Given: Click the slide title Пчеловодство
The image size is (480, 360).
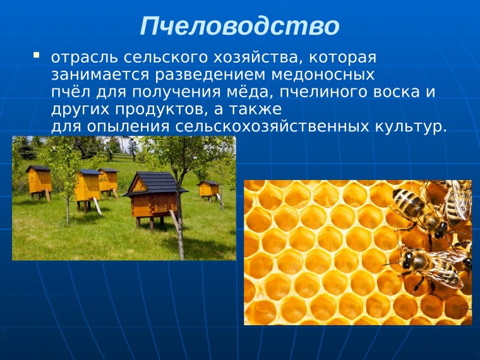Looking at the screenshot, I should click(239, 27).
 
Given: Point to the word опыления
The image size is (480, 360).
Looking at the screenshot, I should click(123, 126).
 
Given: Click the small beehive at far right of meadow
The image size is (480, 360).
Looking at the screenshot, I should click(208, 189).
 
